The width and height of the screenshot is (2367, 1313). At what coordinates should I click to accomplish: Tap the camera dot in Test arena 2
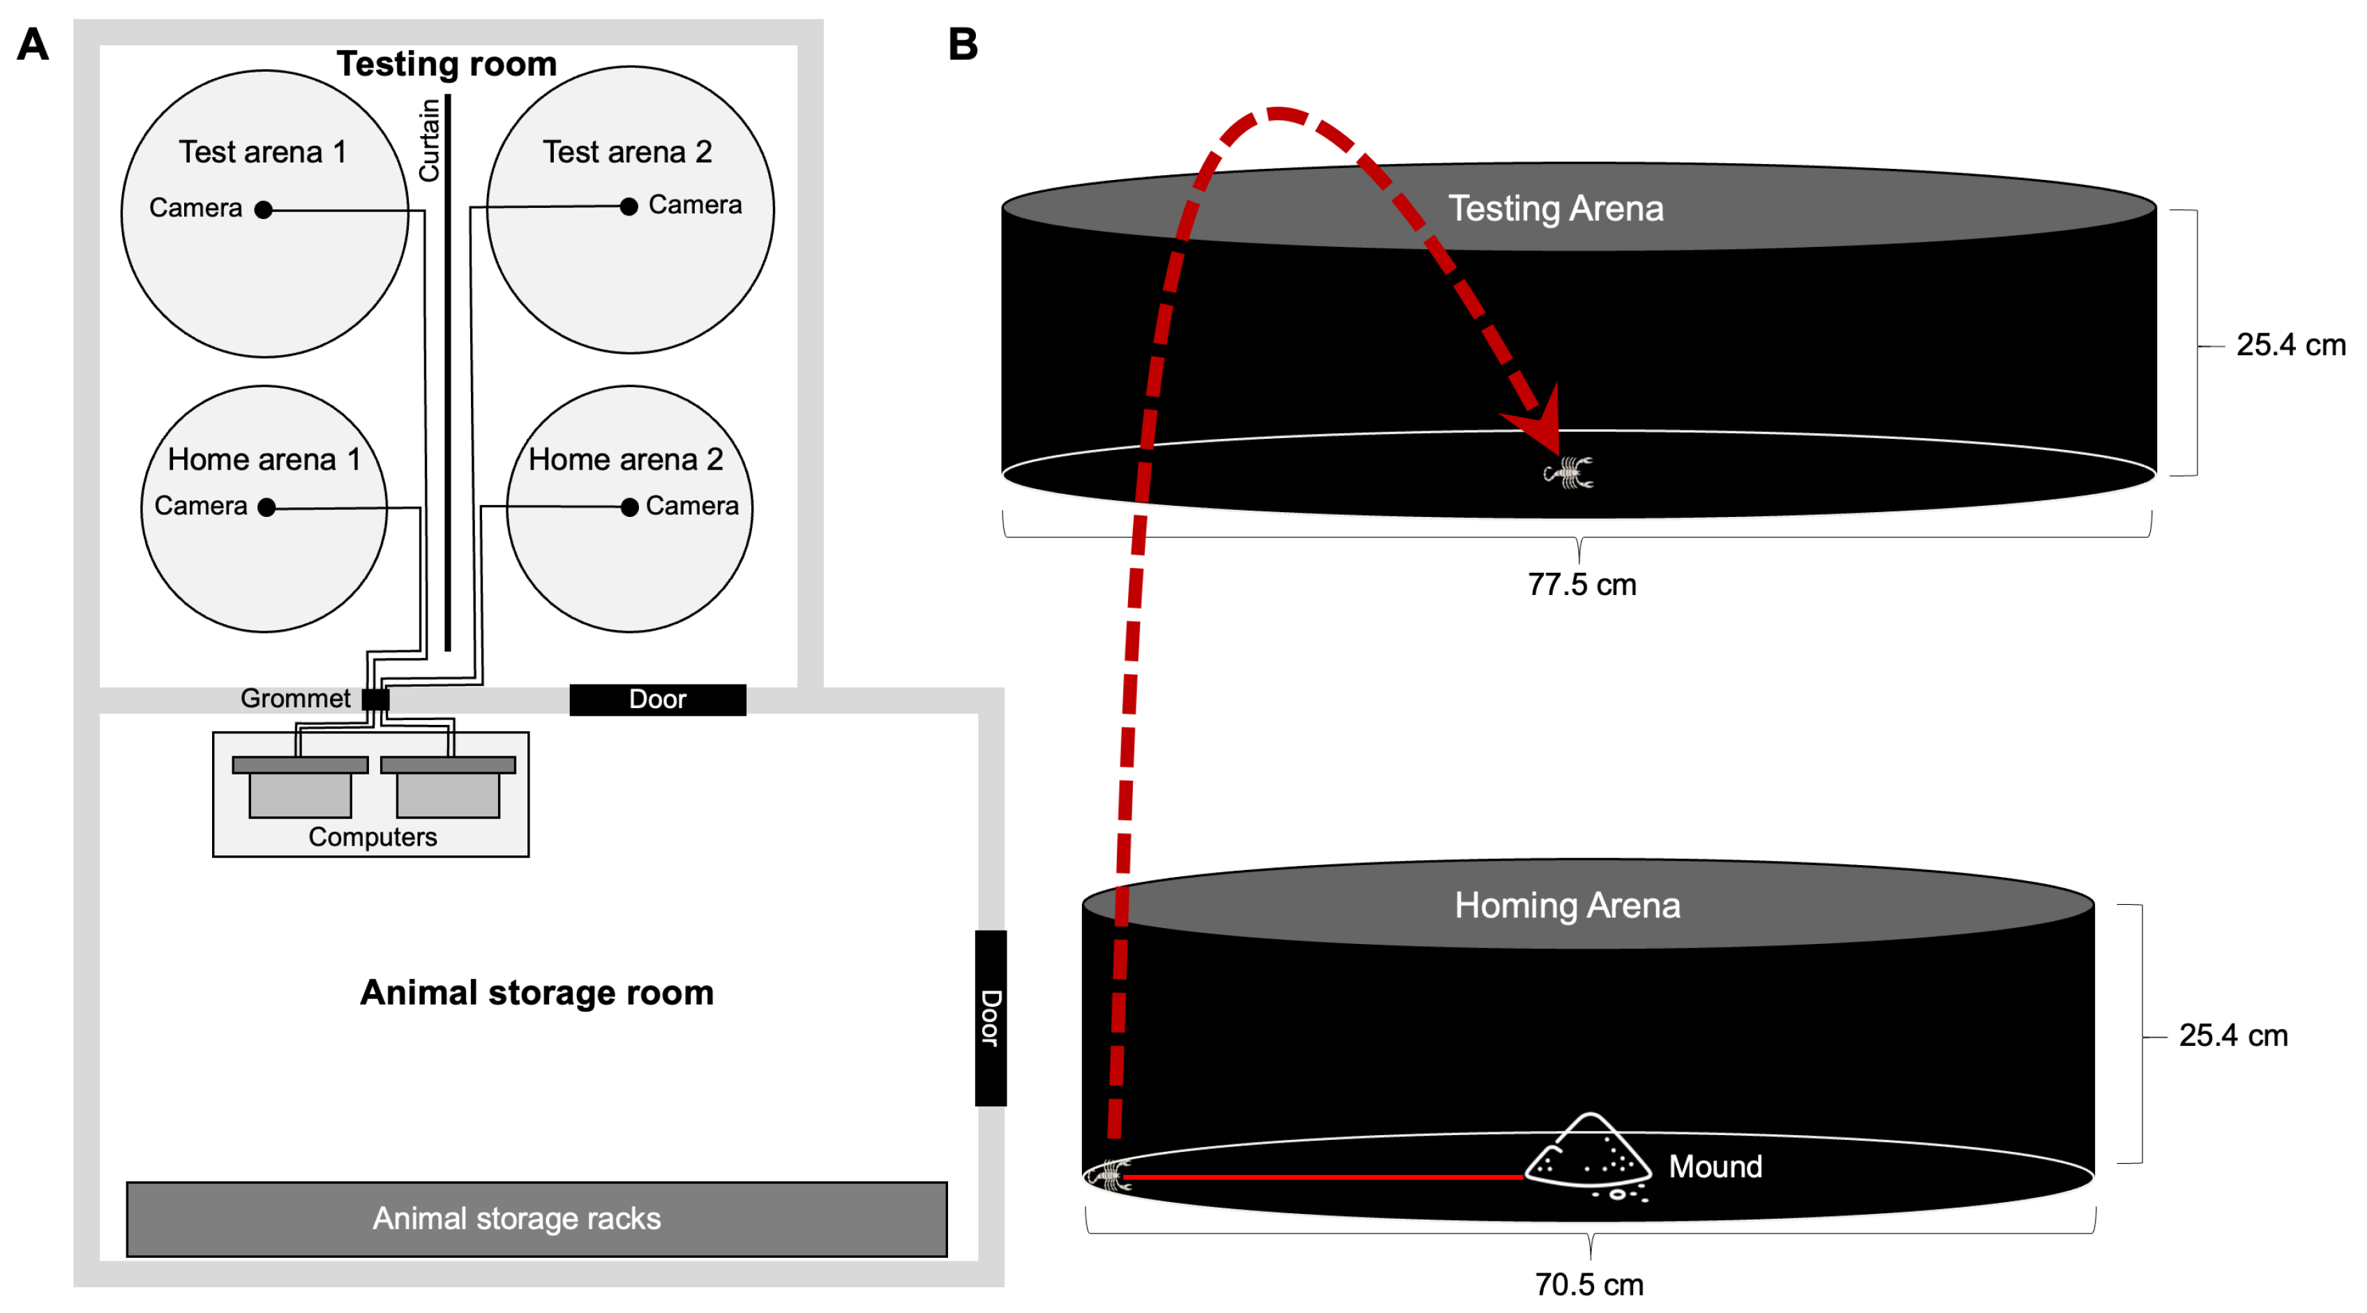pos(629,207)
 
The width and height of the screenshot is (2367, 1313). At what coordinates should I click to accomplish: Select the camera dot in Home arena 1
pos(266,507)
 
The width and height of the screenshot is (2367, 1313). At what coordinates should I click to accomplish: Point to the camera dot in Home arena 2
pos(629,507)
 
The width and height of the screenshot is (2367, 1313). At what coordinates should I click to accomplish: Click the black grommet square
pos(375,699)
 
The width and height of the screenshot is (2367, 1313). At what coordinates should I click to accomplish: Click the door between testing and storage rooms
pos(657,699)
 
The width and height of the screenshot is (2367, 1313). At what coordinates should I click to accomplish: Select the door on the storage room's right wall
pos(991,1017)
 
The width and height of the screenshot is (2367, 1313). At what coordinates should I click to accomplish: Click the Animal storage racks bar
pos(536,1218)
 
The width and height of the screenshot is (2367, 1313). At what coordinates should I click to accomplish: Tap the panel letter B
pos(963,44)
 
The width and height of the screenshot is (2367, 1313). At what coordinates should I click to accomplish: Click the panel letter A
pos(33,44)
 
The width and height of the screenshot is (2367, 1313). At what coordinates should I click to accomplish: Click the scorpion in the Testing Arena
pos(1568,473)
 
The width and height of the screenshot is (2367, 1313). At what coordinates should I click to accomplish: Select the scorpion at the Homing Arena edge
pos(1110,1175)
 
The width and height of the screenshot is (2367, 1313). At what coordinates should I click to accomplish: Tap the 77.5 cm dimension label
pos(1581,585)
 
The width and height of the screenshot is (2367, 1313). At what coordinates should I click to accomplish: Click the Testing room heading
pos(446,63)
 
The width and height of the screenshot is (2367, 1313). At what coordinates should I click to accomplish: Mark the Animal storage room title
pos(536,992)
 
